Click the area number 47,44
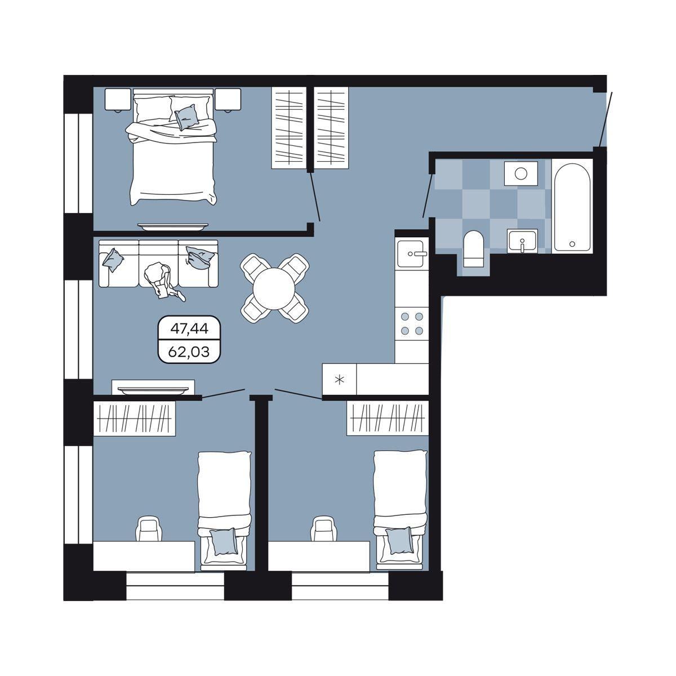point(189,328)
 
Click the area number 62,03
point(189,352)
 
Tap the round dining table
point(274,288)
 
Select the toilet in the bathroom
point(473,249)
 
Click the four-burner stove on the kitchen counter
point(412,324)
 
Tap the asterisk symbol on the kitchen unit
point(339,380)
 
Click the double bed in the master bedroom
point(174,146)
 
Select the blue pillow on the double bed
point(187,117)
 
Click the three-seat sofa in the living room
point(158,264)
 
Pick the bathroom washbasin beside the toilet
point(522,241)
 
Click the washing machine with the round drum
point(521,174)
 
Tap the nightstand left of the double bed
point(118,100)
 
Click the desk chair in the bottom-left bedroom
point(149,528)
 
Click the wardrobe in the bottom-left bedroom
point(135,419)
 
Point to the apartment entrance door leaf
point(606,119)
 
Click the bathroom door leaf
point(428,194)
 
